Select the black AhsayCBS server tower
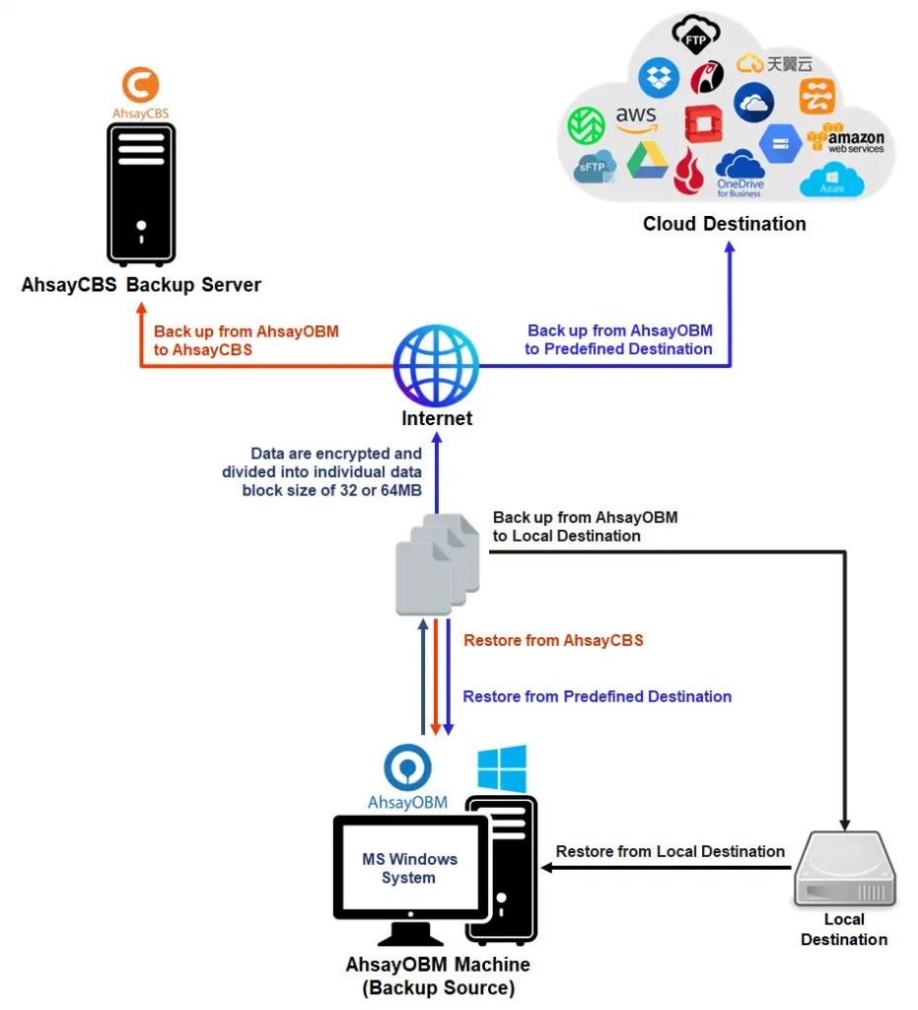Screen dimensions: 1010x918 (x=140, y=193)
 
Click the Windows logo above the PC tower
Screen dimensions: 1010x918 (x=502, y=767)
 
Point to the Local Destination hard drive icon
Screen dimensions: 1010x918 (x=845, y=870)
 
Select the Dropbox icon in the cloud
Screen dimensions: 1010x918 (x=659, y=78)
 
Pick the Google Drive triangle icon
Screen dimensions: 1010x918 (x=647, y=161)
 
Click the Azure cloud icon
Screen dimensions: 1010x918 (x=831, y=181)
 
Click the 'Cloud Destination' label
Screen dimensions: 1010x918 (x=724, y=224)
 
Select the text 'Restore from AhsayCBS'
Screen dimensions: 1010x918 (x=553, y=641)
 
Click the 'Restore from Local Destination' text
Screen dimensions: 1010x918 (x=670, y=851)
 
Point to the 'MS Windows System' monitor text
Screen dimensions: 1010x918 (x=408, y=868)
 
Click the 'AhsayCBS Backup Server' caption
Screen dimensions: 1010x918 (x=141, y=285)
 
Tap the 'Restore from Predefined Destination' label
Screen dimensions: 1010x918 (x=597, y=696)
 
